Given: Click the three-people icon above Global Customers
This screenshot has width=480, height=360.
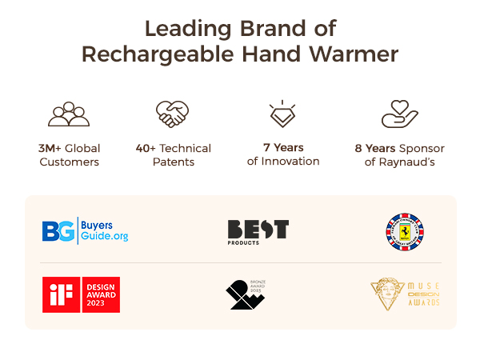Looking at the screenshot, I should pyautogui.click(x=69, y=115).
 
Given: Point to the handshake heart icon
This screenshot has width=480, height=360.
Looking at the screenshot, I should pyautogui.click(x=172, y=114).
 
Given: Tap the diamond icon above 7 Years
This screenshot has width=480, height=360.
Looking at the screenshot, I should pyautogui.click(x=282, y=114).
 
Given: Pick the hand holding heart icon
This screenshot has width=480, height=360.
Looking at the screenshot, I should pyautogui.click(x=400, y=115).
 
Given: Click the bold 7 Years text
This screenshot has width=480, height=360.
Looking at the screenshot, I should pyautogui.click(x=283, y=147).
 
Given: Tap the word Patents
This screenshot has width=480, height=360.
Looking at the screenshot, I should pyautogui.click(x=173, y=162).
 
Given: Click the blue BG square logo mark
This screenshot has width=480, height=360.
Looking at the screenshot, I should pyautogui.click(x=58, y=230).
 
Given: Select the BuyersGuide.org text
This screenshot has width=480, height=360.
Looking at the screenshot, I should pyautogui.click(x=105, y=230).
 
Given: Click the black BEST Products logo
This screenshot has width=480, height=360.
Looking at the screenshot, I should pyautogui.click(x=258, y=230).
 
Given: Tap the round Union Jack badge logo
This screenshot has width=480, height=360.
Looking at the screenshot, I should pyautogui.click(x=404, y=230).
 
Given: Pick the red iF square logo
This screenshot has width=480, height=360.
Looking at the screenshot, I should pyautogui.click(x=58, y=294).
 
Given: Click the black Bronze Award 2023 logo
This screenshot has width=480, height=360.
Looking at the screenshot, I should pyautogui.click(x=246, y=294).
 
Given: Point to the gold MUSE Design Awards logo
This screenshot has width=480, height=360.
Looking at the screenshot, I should pyautogui.click(x=405, y=294).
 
